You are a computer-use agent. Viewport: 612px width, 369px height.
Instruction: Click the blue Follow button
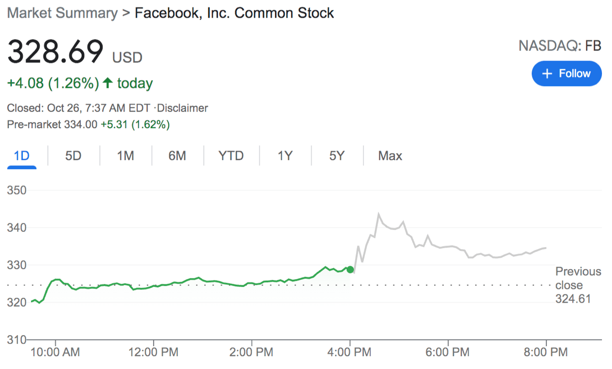point(567,74)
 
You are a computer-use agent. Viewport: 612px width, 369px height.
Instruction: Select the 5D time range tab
point(73,156)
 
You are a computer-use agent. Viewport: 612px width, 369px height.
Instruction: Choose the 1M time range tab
point(125,156)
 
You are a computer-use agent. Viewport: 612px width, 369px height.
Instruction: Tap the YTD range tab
point(231,156)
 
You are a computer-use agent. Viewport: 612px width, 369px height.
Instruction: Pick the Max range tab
point(390,156)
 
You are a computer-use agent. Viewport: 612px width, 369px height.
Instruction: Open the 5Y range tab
point(337,156)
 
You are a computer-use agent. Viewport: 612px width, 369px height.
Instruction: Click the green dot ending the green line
point(350,270)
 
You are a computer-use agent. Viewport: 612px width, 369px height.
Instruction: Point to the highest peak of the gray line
point(379,214)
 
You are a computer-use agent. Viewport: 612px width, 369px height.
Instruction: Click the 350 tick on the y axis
point(17,191)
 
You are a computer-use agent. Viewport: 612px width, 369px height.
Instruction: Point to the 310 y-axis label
point(17,340)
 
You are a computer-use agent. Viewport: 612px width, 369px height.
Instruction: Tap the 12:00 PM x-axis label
point(154,353)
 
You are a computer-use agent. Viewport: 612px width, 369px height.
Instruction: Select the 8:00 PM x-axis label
point(546,353)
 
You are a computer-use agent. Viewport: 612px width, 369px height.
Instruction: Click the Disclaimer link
point(184,108)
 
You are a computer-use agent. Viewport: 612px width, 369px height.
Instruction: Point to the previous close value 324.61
point(573,299)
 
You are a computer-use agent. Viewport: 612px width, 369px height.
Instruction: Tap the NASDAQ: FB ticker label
point(560,46)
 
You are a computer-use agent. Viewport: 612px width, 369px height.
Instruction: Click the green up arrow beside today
point(108,83)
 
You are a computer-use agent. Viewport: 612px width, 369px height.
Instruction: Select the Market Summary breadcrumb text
point(63,13)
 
